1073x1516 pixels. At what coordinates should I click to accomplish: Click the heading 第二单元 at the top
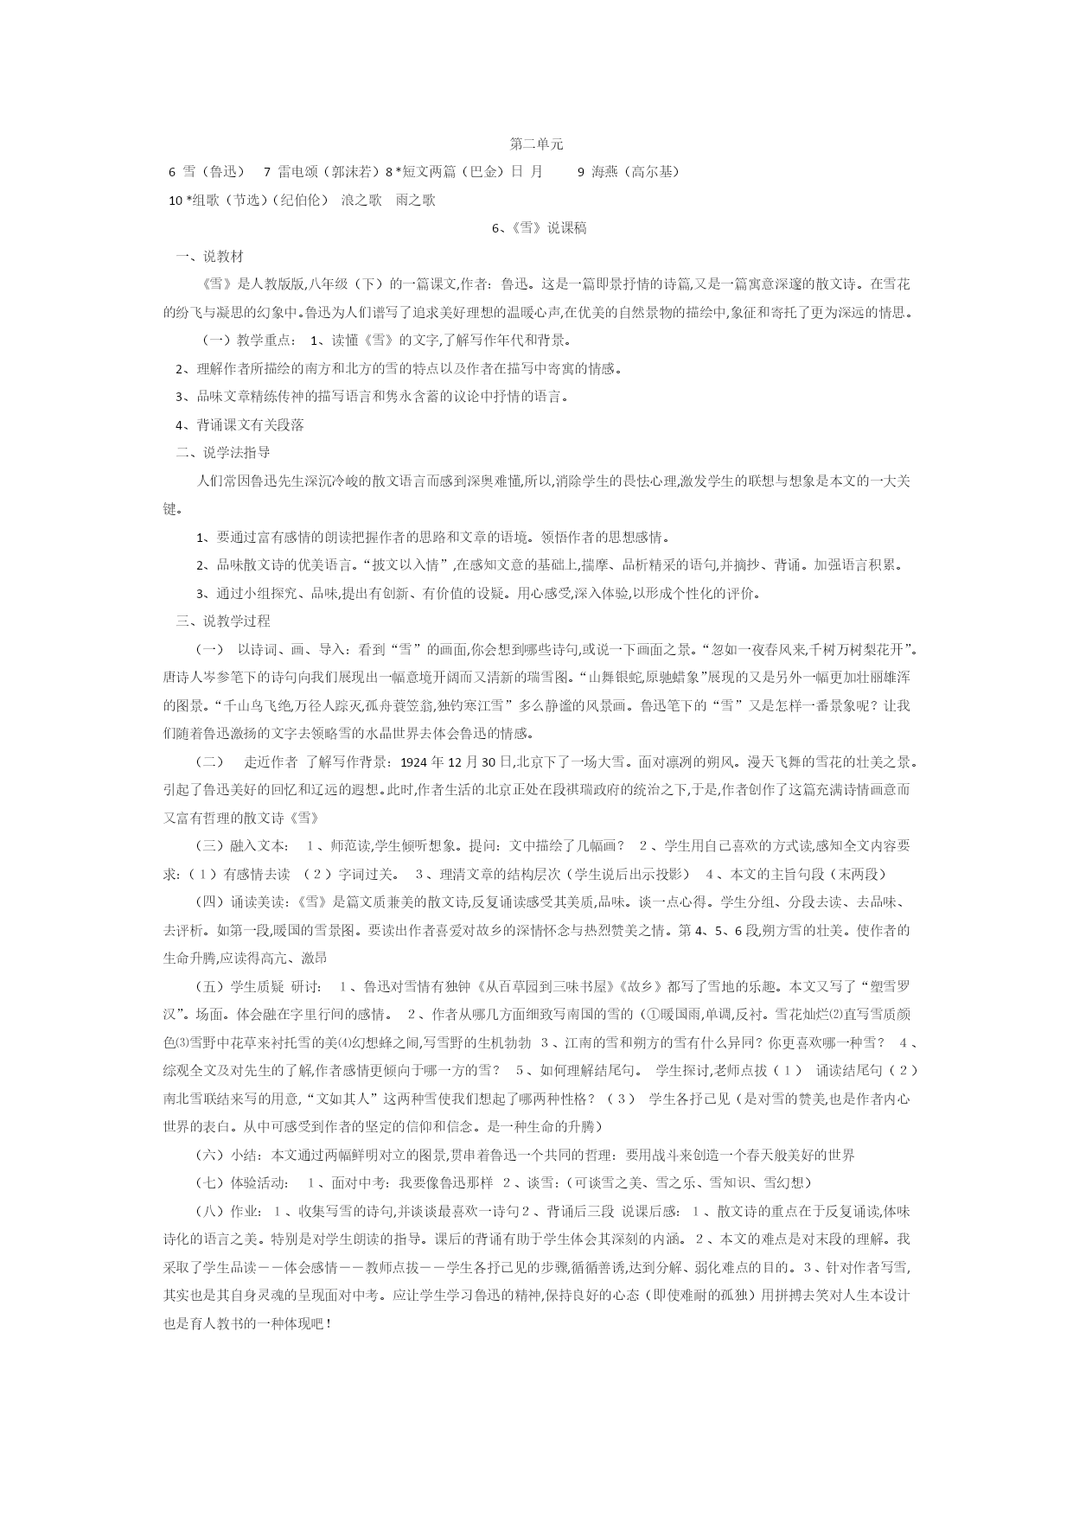(x=536, y=143)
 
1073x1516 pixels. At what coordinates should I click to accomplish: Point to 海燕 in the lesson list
(x=605, y=172)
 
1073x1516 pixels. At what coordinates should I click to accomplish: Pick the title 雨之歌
(x=415, y=201)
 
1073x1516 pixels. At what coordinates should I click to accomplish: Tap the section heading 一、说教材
(x=209, y=257)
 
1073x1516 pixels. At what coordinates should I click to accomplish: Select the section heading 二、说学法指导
(x=223, y=452)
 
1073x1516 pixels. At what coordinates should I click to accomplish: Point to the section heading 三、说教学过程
(x=223, y=621)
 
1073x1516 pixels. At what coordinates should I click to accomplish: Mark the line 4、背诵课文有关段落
(x=240, y=425)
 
